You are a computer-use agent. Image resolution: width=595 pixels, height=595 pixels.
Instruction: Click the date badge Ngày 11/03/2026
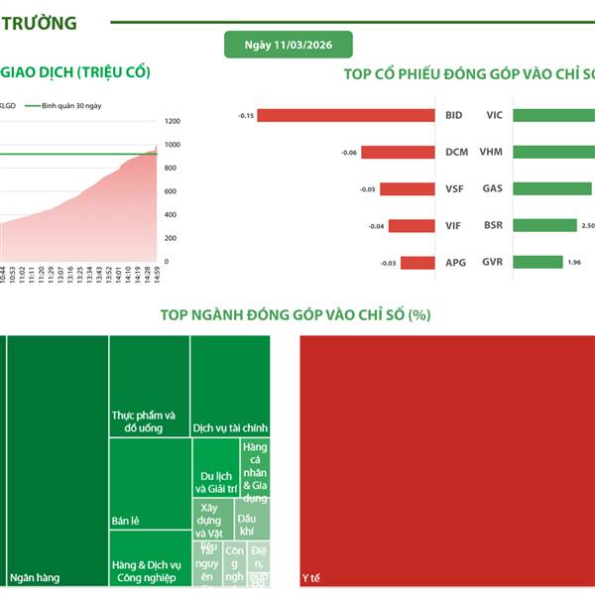[x=288, y=45]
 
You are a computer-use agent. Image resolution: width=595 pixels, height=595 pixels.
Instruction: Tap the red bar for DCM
[x=398, y=153]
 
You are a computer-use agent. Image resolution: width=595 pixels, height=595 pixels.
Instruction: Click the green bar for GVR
[x=536, y=263]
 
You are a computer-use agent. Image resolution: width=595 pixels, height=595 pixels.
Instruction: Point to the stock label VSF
[x=453, y=188]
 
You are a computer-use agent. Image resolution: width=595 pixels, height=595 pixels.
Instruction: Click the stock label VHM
[x=491, y=153]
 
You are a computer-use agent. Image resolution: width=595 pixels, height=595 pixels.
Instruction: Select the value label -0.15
[x=247, y=116]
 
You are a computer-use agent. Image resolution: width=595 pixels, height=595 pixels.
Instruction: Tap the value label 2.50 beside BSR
[x=587, y=226]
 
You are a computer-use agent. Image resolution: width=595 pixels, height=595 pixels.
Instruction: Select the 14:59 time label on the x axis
[x=151, y=275]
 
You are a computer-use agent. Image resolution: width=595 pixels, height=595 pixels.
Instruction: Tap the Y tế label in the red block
[x=311, y=576]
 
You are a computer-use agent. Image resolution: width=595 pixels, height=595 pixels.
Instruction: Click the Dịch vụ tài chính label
[x=229, y=427]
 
